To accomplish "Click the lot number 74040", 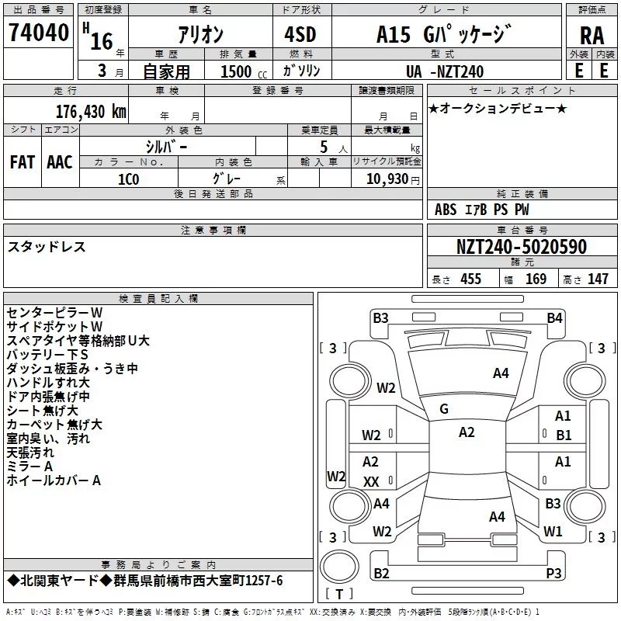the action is point(39,33).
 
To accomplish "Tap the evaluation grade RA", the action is point(592,36).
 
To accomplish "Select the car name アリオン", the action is point(201,34).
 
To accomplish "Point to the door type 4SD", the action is point(300,34).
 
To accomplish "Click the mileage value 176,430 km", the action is point(91,112).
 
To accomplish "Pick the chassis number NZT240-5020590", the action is point(522,247).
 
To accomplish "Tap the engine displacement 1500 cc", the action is point(244,71).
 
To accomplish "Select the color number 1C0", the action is point(128,179).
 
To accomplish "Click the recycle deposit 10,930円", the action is point(393,179).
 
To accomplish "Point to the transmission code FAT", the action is point(23,162).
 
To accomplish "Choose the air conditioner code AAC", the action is point(60,162).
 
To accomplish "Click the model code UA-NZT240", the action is point(445,71).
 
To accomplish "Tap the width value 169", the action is point(536,279).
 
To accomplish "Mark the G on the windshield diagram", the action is point(444,409).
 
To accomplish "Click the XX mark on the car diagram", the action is point(371,481).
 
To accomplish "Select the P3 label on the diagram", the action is point(553,573).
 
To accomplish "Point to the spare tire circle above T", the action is point(339,566).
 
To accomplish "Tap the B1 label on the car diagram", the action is point(564,435).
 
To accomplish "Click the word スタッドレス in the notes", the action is point(47,247).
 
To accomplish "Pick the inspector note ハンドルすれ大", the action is point(48,383).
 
